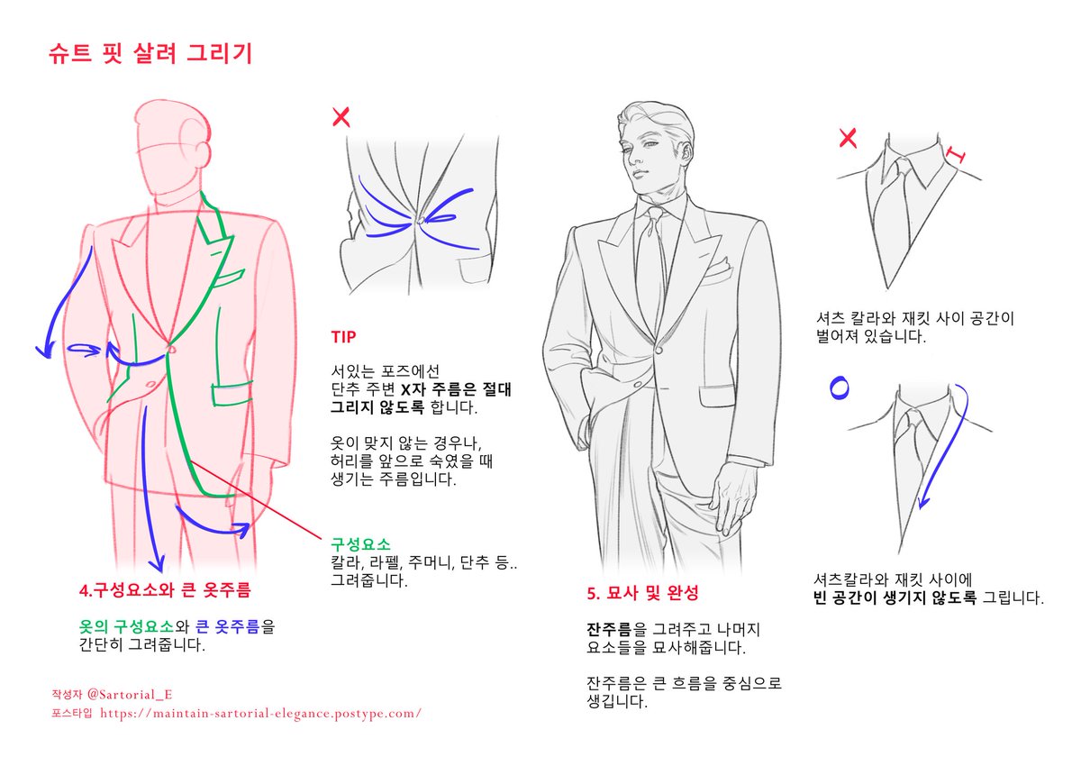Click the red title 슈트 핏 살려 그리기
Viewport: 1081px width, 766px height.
(x=150, y=53)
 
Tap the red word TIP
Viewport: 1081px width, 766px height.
(x=343, y=336)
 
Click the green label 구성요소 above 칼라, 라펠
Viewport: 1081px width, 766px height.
(x=360, y=544)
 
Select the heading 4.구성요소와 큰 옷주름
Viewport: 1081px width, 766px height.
(x=165, y=590)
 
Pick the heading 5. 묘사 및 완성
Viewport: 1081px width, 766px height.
(x=642, y=593)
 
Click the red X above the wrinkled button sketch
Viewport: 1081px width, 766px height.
(x=341, y=117)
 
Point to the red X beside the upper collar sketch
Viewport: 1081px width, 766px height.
(x=848, y=138)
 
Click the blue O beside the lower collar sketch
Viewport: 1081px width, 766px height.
(x=840, y=388)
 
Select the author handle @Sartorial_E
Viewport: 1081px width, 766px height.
(x=130, y=695)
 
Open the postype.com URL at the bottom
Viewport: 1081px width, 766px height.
(x=260, y=714)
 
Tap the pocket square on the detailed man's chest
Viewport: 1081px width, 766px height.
(x=717, y=266)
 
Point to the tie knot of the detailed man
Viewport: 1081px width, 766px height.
(x=656, y=213)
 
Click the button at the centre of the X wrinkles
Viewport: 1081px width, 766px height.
(x=421, y=220)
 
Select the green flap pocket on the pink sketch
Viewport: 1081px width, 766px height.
(x=232, y=393)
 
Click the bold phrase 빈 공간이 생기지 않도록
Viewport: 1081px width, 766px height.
(x=895, y=598)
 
